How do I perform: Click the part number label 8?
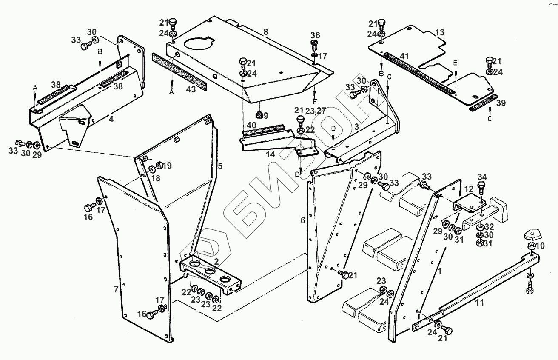(x=266, y=32)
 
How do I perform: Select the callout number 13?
(x=439, y=32)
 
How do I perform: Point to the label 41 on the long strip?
(x=404, y=56)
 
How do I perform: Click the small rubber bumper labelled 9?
(x=258, y=114)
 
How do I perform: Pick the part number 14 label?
(x=271, y=154)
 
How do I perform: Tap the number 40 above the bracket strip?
(x=251, y=125)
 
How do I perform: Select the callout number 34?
(x=482, y=177)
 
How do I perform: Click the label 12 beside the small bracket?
(x=468, y=189)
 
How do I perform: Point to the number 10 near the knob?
(x=540, y=246)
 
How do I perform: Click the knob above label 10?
(x=531, y=233)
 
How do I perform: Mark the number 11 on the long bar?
(x=480, y=303)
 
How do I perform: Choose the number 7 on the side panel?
(x=116, y=289)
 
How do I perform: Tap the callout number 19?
(x=167, y=166)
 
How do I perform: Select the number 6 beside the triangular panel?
(x=303, y=220)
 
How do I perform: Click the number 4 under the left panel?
(x=111, y=120)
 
